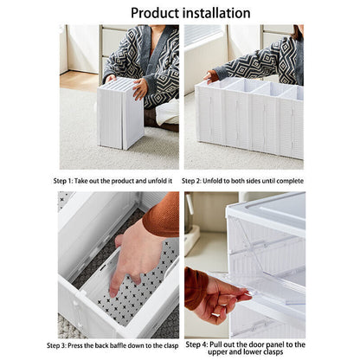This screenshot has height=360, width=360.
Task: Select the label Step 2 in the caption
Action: (x=200, y=182)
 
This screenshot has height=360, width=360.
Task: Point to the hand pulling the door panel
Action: (x=213, y=294)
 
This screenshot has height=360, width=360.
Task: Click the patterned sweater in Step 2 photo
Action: (x=260, y=61)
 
